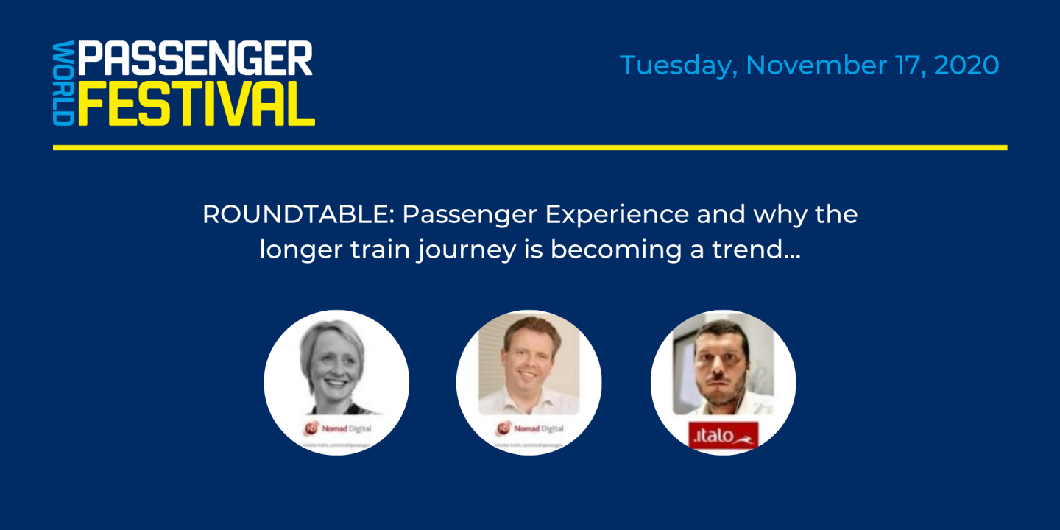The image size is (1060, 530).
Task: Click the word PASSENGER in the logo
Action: coord(195,58)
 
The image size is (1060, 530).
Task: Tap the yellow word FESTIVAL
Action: coord(196,105)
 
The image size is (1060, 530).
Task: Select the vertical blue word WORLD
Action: coord(63,83)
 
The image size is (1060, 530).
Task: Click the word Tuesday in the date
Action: coord(677,66)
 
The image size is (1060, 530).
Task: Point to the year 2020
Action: coord(966,65)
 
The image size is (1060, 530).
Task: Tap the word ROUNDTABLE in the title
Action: coord(297,215)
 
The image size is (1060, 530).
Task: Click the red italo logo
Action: coord(723,436)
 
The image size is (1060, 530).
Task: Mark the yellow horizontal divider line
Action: coord(529,147)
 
